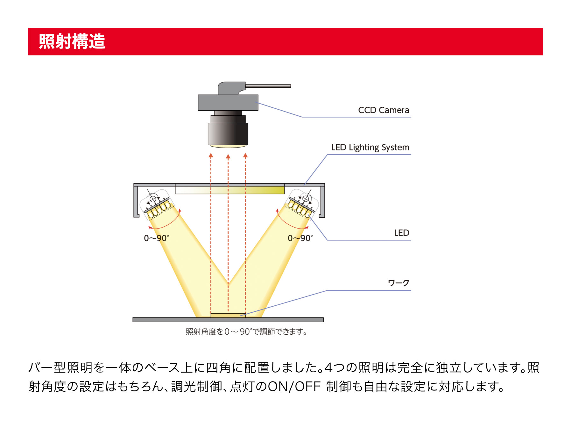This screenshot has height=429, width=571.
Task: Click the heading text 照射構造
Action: [72, 41]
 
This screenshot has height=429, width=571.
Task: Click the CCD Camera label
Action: [383, 110]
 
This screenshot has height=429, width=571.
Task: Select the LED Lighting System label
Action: [370, 147]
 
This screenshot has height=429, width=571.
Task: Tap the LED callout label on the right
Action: [401, 233]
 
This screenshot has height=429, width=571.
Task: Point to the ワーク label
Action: [398, 283]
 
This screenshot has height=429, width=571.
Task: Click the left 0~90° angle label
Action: [156, 238]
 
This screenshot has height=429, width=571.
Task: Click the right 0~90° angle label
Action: [300, 238]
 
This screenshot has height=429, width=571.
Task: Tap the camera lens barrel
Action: [228, 133]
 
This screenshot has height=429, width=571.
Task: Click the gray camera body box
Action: [228, 103]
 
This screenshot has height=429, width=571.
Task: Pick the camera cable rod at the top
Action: [268, 86]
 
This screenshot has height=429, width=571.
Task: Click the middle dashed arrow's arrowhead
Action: [228, 156]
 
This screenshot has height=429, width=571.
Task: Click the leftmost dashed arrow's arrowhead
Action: [211, 156]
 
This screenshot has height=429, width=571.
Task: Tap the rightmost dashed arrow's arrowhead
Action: [245, 156]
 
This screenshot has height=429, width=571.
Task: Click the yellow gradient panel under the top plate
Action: [229, 190]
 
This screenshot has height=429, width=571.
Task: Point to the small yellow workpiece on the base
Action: [228, 316]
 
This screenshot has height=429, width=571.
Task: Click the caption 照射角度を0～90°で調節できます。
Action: [246, 332]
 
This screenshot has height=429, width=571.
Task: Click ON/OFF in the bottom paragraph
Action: [294, 386]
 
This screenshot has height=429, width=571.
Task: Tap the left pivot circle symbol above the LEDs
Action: [153, 199]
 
